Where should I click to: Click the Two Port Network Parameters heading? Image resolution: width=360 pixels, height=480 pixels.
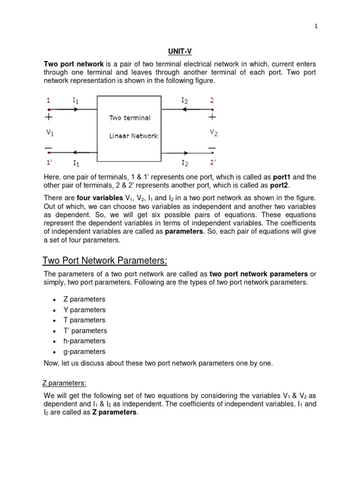pyautogui.click(x=105, y=261)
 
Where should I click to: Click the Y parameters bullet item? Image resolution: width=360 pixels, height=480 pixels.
pyautogui.click(x=84, y=310)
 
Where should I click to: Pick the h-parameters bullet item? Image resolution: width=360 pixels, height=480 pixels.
pyautogui.click(x=84, y=341)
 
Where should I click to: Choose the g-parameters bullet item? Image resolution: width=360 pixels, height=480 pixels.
pyautogui.click(x=84, y=352)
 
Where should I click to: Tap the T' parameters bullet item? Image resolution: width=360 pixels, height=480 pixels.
pyautogui.click(x=85, y=331)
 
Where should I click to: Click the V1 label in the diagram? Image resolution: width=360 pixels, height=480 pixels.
pyautogui.click(x=50, y=133)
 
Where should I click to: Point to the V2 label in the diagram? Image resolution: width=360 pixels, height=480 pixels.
pyautogui.click(x=213, y=133)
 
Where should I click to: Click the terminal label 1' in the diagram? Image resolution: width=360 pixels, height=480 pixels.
pyautogui.click(x=49, y=163)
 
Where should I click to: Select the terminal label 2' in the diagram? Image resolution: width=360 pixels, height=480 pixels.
pyautogui.click(x=213, y=163)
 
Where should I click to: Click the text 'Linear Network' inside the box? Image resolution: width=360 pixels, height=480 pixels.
pyautogui.click(x=134, y=136)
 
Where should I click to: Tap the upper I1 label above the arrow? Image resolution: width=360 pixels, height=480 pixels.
pyautogui.click(x=76, y=99)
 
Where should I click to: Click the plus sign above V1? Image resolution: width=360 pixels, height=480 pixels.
pyautogui.click(x=49, y=117)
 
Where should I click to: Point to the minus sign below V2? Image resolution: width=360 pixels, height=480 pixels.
pyautogui.click(x=212, y=149)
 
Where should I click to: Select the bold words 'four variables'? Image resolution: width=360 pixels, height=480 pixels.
pyautogui.click(x=97, y=198)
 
